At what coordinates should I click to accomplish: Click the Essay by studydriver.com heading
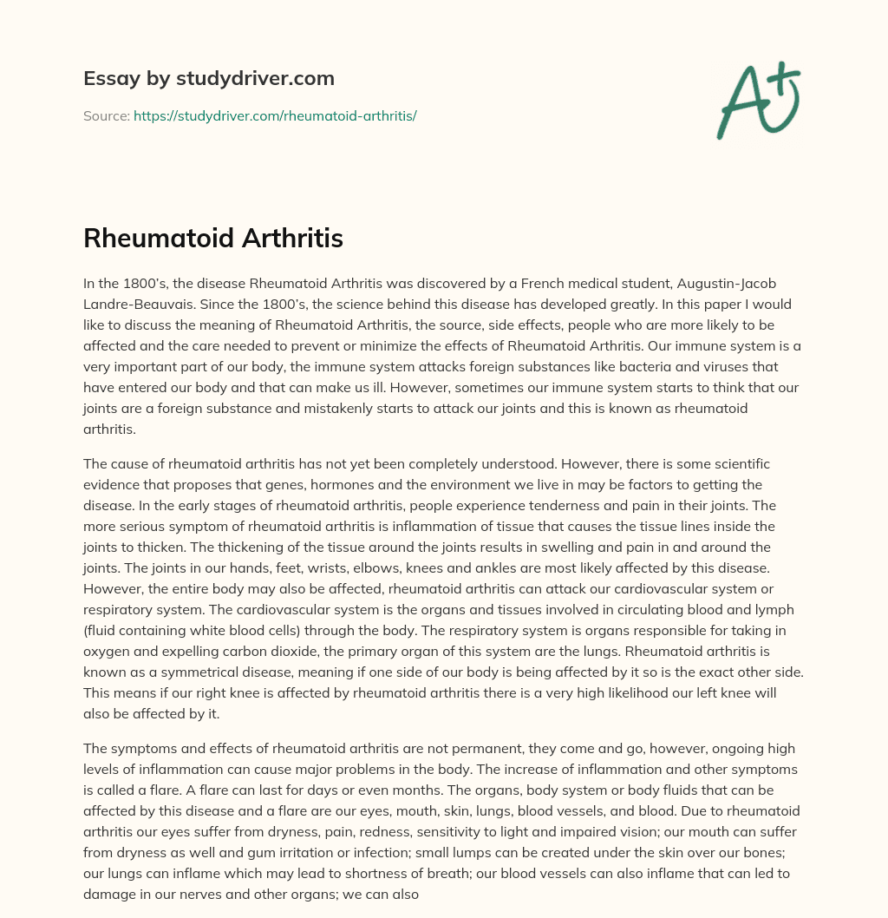[208, 79]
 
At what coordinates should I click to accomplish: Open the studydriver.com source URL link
[275, 115]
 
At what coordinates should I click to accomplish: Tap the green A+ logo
[757, 101]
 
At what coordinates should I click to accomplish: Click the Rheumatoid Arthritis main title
[213, 239]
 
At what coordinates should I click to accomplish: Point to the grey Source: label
[106, 115]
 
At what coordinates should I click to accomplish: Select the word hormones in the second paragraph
[416, 483]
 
